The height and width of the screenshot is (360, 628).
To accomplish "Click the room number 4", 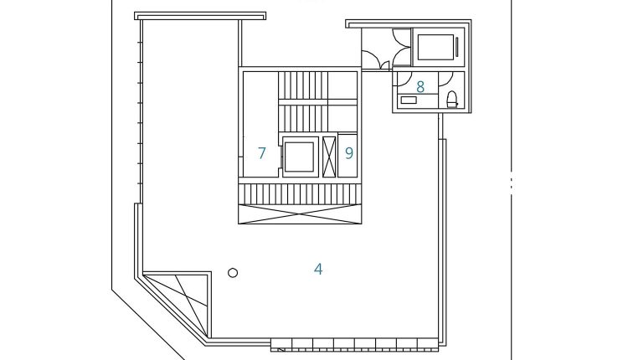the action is (x=318, y=269).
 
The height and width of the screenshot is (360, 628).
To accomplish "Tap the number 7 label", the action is (x=262, y=153).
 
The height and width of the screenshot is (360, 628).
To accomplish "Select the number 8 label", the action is (x=420, y=86).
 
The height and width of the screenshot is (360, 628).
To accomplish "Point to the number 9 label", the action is (x=349, y=153).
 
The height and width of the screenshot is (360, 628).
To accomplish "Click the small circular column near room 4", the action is (x=233, y=273).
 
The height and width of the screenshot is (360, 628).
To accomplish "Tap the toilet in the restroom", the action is (x=452, y=100).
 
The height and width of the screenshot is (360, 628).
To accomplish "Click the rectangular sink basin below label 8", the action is (x=409, y=100).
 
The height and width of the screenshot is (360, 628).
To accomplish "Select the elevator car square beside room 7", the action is (x=299, y=157).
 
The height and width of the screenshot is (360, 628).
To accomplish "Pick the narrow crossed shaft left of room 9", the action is (x=329, y=157).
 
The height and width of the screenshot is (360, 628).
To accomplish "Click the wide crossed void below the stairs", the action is (x=300, y=213).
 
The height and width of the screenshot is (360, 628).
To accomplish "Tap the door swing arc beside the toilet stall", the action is (x=446, y=80).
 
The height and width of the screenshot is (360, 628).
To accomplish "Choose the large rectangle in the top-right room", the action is (x=435, y=47).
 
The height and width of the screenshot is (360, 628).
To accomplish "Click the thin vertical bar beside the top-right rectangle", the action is (x=457, y=47).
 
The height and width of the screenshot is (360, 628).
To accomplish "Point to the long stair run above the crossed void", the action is (x=300, y=194).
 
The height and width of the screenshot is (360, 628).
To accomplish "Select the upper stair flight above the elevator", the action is (x=303, y=85).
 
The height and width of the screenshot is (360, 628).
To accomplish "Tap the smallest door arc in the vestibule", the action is (x=385, y=65).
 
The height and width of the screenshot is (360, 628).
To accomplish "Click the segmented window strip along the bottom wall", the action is (x=355, y=345).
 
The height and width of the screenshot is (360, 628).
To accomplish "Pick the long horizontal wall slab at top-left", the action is (x=200, y=16).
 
